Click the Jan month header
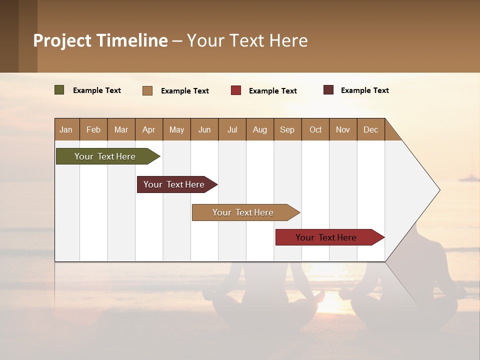click(x=66, y=129)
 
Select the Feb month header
click(x=93, y=129)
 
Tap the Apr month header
click(x=148, y=129)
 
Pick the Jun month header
click(x=204, y=129)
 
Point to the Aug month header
click(x=259, y=129)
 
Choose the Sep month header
click(x=287, y=129)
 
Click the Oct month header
click(x=315, y=129)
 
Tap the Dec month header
click(x=370, y=129)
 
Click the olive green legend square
click(x=59, y=90)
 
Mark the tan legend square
click(x=147, y=90)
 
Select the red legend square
click(x=236, y=90)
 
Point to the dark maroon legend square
click(x=328, y=90)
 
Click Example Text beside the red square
click(x=272, y=91)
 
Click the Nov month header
click(x=342, y=129)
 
